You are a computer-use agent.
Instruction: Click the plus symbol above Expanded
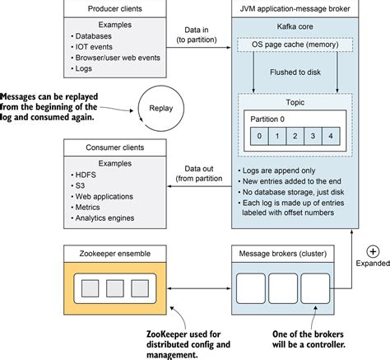[x=374, y=251]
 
